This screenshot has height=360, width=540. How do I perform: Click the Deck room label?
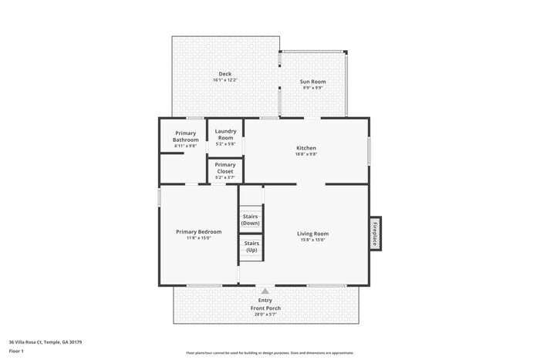224,74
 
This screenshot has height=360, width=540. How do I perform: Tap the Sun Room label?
312,81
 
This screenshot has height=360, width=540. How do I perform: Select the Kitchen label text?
306,148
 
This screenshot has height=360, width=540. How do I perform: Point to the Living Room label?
312,234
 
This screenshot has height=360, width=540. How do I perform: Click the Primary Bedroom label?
198,232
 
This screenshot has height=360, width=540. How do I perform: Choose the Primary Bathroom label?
185,136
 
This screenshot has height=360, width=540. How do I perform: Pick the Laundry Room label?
225,134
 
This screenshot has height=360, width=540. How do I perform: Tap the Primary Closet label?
225,168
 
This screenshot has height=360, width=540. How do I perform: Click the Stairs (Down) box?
251,220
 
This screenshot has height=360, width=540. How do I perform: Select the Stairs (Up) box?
251,247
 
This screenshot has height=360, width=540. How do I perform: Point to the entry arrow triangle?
265,291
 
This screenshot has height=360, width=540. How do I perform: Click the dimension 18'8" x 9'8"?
306,154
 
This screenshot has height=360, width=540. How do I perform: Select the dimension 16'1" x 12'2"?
224,80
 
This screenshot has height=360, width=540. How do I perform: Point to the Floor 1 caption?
16,351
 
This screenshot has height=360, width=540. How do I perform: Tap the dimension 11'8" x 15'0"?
198,238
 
